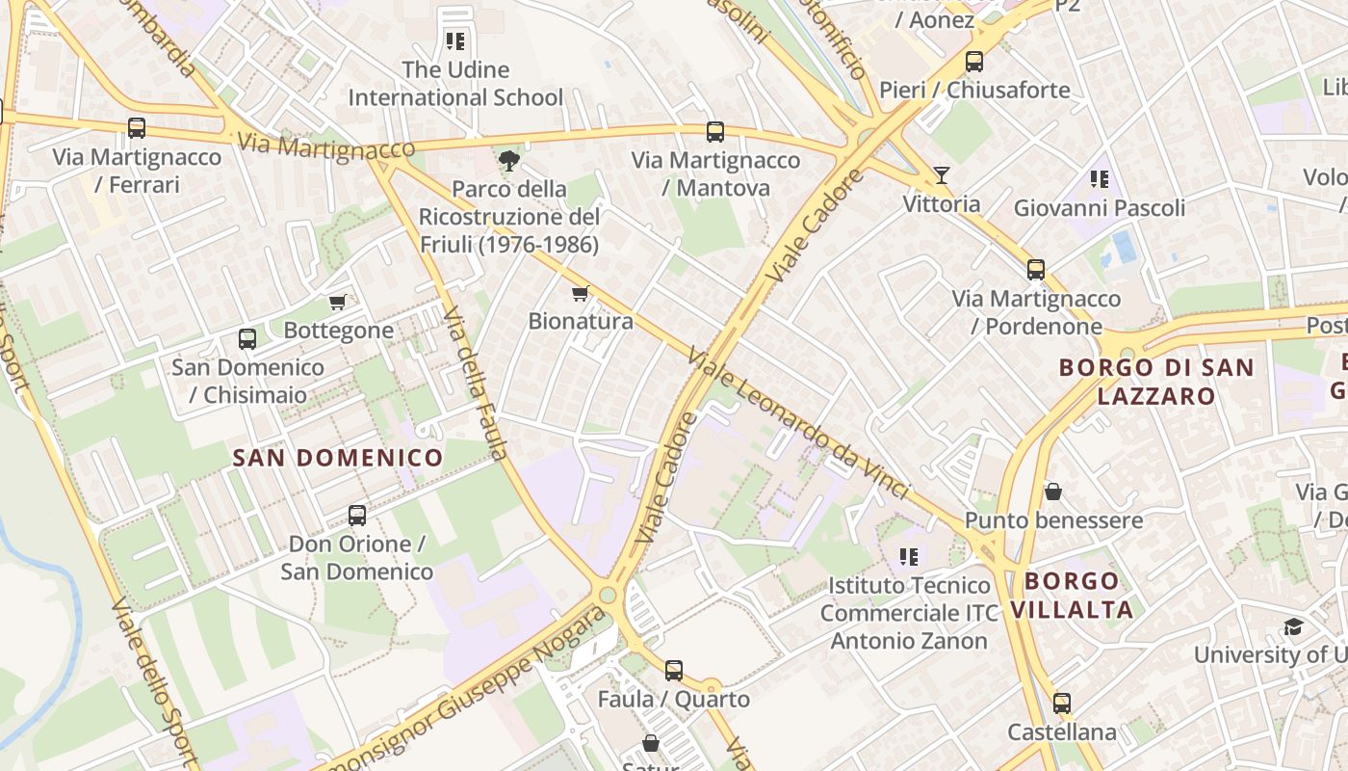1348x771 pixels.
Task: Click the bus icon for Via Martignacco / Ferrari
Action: point(137,127)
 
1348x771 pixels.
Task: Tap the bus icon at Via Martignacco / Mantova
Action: point(714,132)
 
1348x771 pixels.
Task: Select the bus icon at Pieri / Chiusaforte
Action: point(973,62)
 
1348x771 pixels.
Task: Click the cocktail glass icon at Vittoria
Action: point(942,175)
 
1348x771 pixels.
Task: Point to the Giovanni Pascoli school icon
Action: point(1100,179)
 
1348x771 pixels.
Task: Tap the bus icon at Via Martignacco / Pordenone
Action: point(1036,270)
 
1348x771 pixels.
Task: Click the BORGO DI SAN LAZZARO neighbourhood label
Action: point(1156,381)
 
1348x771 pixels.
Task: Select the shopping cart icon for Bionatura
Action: point(580,293)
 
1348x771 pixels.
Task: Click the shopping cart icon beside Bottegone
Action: point(338,303)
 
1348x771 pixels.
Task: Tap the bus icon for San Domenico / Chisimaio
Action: point(247,339)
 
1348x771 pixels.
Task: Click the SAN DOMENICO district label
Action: point(338,458)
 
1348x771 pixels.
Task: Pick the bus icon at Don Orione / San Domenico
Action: point(357,516)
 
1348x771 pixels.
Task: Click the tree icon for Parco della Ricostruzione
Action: point(508,160)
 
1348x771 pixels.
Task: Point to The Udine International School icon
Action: point(454,41)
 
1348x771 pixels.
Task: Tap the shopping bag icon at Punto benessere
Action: point(1053,492)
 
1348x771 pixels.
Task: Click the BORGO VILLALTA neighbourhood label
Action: point(1072,595)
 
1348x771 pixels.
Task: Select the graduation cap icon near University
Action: point(1293,627)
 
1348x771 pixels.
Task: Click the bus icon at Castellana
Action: point(1061,704)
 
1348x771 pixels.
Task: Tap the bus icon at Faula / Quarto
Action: point(674,670)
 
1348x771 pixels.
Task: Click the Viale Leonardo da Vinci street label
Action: point(799,424)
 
